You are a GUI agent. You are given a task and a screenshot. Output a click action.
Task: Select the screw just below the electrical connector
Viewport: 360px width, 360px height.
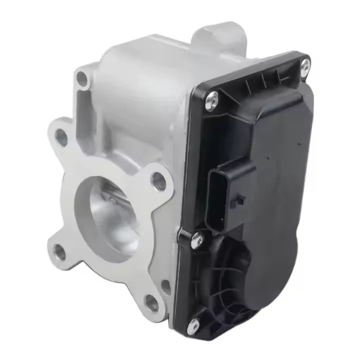click(x=196, y=240)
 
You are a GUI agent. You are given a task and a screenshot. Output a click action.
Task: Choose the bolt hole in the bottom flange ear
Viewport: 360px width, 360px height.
click(x=151, y=300)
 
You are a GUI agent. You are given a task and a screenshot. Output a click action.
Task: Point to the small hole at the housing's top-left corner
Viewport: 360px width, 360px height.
click(x=81, y=77)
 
